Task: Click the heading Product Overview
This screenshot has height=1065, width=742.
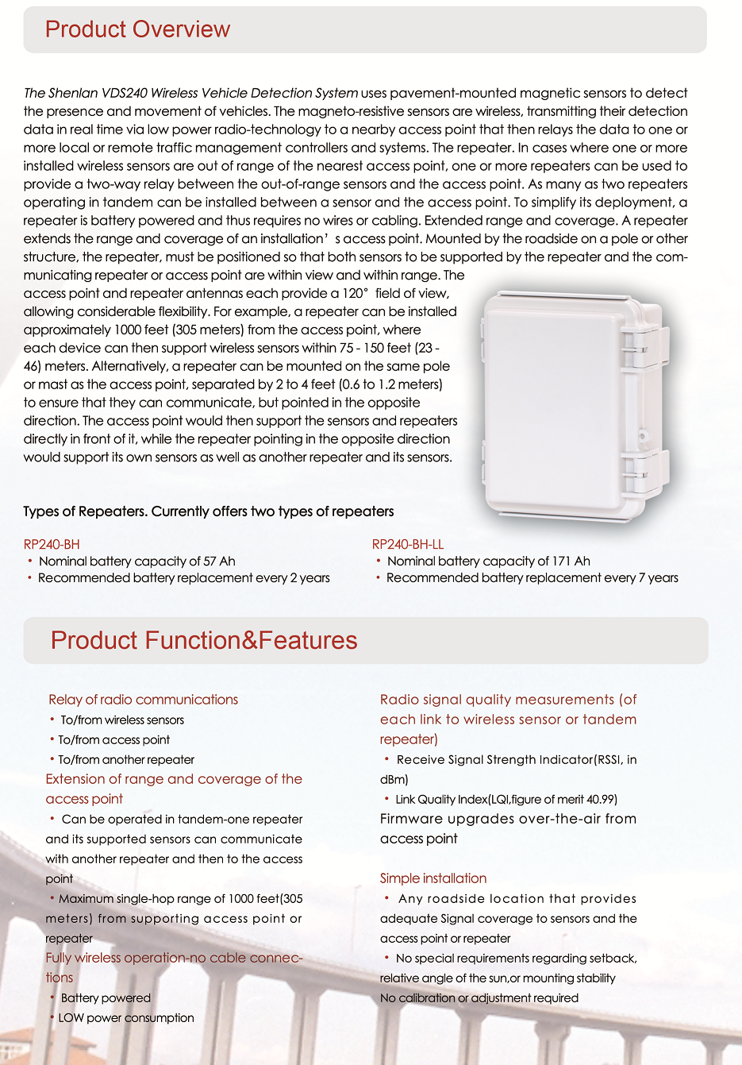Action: coord(137,29)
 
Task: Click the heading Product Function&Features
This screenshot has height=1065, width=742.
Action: coord(204,641)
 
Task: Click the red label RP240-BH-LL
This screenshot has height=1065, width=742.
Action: coord(408,544)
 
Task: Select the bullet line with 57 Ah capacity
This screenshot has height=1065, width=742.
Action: coord(136,561)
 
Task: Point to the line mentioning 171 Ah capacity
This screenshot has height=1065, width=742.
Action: coord(488,561)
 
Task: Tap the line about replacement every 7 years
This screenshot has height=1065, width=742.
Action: coord(532,578)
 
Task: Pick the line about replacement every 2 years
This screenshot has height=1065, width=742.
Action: coord(183,578)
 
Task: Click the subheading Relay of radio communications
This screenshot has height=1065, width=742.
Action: coord(143,700)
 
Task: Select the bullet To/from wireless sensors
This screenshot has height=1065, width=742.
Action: coord(122,720)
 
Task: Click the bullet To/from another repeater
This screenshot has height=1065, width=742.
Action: coord(126,760)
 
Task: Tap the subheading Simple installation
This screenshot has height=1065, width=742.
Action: coord(433,878)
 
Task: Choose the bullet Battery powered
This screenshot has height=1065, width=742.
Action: coord(106,998)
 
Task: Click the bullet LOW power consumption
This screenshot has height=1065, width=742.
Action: coord(126,1018)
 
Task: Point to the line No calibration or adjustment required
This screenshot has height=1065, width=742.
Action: coord(479,998)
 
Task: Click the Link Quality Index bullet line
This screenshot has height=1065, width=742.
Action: coord(506,800)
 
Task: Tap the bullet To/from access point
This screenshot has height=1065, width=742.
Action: coord(113,740)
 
